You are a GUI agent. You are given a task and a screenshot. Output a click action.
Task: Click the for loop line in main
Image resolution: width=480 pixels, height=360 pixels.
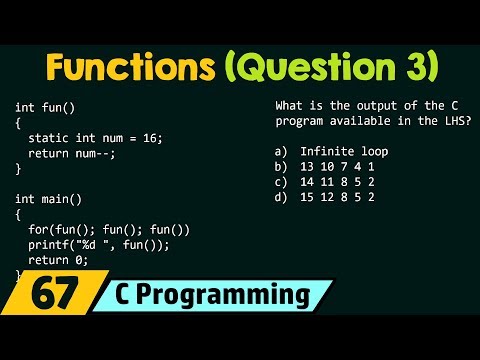click(x=109, y=229)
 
